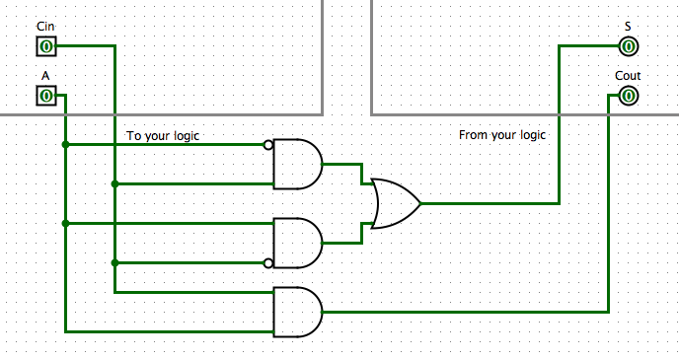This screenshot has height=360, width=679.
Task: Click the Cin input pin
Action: click(46, 46)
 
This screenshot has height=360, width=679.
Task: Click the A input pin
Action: click(46, 96)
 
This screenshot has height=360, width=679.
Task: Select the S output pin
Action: click(628, 46)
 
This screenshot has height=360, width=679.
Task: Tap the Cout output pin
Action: click(628, 96)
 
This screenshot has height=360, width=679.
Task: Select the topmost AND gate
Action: click(297, 164)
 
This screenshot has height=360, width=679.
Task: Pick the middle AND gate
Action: click(297, 243)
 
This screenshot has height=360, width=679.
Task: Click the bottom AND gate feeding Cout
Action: click(297, 312)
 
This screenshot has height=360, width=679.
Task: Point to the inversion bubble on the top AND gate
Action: click(268, 145)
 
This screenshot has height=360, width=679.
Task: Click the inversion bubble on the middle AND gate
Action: click(268, 263)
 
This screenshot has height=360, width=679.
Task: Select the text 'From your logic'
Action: click(503, 134)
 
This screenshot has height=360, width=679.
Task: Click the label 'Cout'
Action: click(628, 76)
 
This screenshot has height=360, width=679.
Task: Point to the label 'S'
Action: click(628, 27)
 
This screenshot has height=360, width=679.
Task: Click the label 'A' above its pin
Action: click(45, 76)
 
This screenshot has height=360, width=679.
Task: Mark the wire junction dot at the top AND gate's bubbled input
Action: click(66, 145)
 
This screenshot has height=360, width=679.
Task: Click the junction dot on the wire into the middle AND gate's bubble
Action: click(115, 263)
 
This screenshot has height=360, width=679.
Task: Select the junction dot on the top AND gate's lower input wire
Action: click(115, 183)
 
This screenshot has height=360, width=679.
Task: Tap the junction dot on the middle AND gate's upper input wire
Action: click(66, 224)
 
